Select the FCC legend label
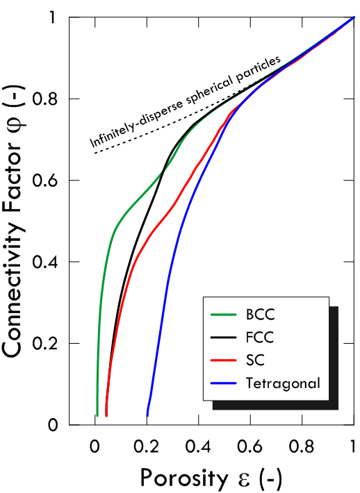(x=260, y=337)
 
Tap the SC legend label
(x=255, y=360)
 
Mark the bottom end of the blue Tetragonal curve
(x=147, y=415)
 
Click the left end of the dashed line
(x=95, y=153)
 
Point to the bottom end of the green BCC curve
(x=97, y=415)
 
